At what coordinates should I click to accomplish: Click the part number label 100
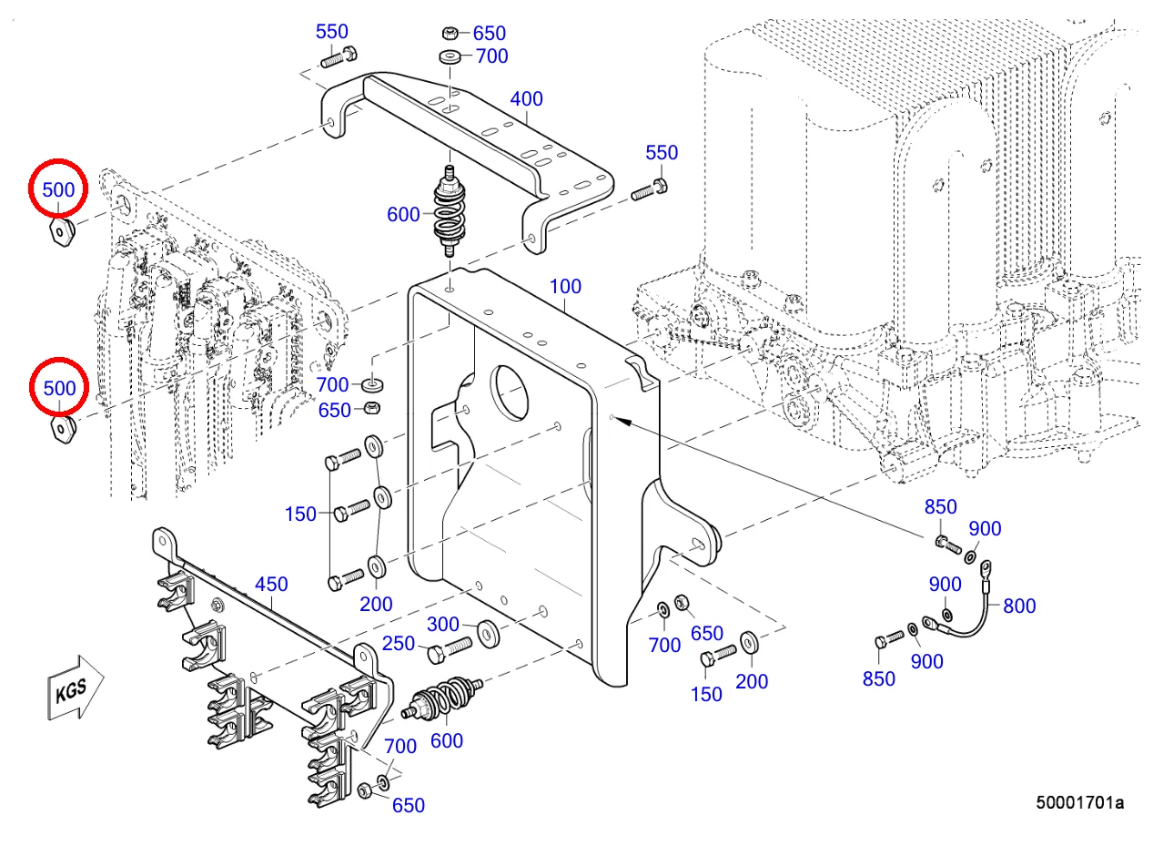pos(565,286)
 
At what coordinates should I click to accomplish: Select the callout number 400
pos(526,99)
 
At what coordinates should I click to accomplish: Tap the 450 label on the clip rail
pos(271,585)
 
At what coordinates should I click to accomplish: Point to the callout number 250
pos(399,644)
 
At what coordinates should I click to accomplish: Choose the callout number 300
pos(443,625)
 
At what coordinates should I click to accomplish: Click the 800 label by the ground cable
pos(1019,606)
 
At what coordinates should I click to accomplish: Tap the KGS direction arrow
pos(76,688)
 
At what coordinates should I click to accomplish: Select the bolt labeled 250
pos(450,649)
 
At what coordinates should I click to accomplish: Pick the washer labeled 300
pos(488,634)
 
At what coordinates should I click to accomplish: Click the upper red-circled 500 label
pos(58,190)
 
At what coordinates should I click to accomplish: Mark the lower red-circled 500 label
pos(59,388)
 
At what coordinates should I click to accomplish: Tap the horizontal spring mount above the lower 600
pos(443,698)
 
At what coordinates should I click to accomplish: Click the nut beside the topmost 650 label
pos(450,34)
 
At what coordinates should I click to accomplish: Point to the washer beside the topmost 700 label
pos(450,56)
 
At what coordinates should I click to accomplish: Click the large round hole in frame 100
pos(511,392)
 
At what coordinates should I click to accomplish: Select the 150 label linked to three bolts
pos(300,515)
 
